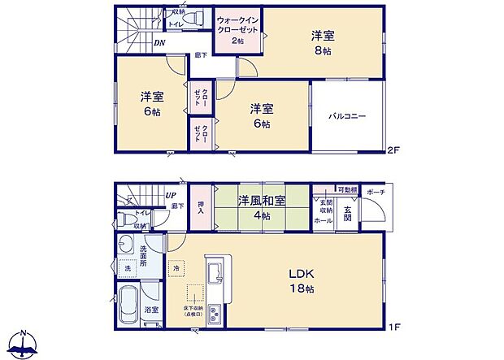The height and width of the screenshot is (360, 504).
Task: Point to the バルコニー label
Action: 347,116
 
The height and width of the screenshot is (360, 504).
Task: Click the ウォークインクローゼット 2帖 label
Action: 237,28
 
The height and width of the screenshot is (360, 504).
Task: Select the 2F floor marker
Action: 393,150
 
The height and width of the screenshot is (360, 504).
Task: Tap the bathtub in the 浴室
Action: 130,305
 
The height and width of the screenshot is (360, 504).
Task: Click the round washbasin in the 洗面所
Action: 125,244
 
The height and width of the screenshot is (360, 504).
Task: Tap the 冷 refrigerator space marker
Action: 176,266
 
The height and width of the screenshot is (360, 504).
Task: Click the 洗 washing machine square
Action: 128,267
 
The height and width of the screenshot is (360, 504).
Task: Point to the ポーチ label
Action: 375,192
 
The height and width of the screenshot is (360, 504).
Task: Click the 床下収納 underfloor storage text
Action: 193,310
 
